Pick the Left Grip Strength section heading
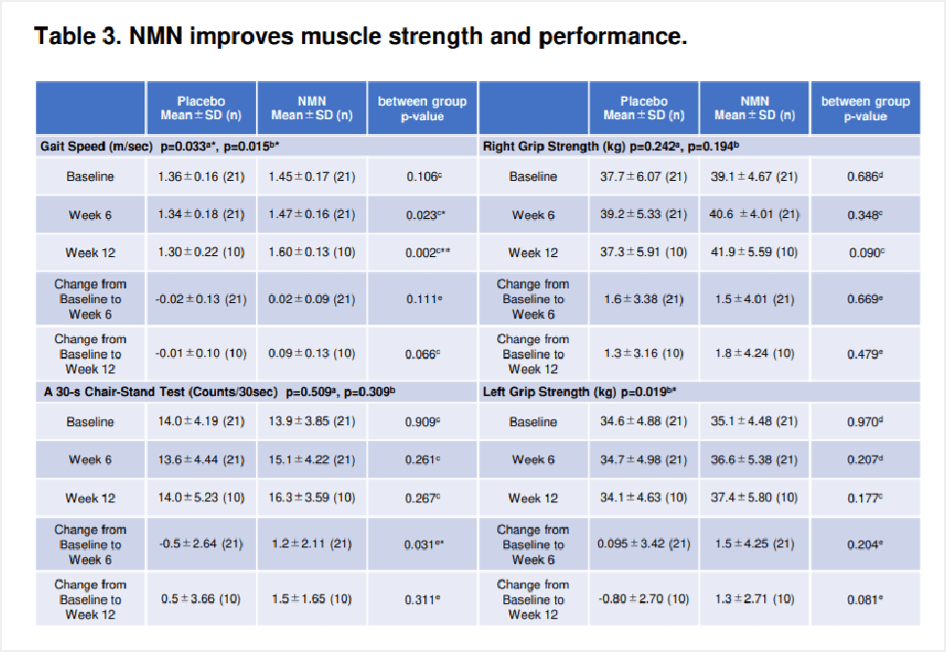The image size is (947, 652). coord(548,392)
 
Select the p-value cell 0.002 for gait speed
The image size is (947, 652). coord(422,253)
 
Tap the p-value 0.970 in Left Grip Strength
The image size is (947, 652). coord(865,422)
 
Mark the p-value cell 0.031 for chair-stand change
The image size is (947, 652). coord(422,544)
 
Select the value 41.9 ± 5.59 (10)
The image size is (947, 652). coord(755,253)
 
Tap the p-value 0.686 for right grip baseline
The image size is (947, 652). coord(865,177)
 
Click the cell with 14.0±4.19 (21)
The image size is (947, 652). coord(201,422)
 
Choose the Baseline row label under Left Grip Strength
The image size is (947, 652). coord(533,422)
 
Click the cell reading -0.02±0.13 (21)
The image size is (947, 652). coord(201,299)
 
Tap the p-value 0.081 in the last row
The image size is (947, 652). coord(865,599)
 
